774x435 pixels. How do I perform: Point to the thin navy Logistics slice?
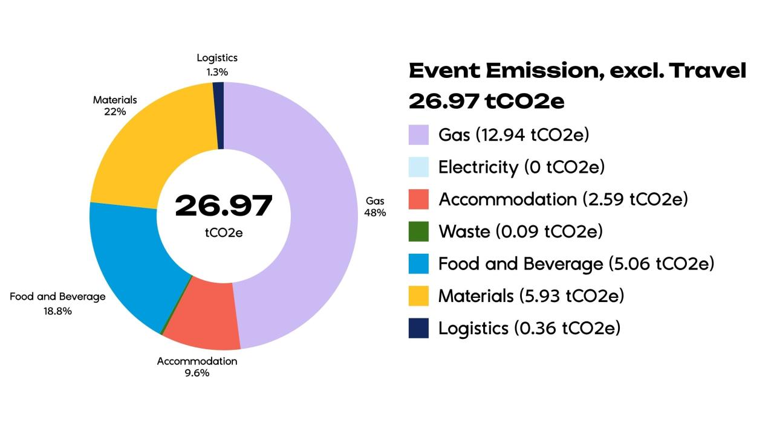[x=219, y=115]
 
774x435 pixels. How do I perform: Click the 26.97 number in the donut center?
[x=224, y=206]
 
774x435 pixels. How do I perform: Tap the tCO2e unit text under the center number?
[x=224, y=232]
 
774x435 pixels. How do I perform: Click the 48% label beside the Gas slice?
[x=375, y=213]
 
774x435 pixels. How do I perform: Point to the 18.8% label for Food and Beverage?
[x=57, y=311]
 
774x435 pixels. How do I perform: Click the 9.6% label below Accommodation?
[x=197, y=373]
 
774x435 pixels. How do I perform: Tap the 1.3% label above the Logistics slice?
[x=216, y=72]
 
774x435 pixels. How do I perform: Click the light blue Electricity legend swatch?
[x=418, y=167]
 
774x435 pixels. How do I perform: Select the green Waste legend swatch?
[x=418, y=231]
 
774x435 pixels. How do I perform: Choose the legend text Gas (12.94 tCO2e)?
[x=513, y=134]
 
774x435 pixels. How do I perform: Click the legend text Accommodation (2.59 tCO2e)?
[x=563, y=199]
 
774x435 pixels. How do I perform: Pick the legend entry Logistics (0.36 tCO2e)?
[x=529, y=328]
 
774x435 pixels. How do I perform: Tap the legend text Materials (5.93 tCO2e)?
[x=531, y=296]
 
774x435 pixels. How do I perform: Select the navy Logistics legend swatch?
[x=418, y=328]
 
